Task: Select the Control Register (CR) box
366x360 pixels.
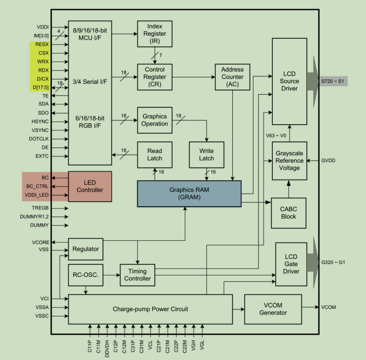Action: (155, 76)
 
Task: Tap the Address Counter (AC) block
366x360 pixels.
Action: (232, 76)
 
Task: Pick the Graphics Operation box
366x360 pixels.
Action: (155, 120)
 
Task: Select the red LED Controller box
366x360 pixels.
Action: (90, 186)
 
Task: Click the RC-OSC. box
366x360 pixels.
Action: (86, 275)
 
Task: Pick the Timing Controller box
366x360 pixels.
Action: (137, 275)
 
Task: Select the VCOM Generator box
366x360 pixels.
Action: (273, 309)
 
